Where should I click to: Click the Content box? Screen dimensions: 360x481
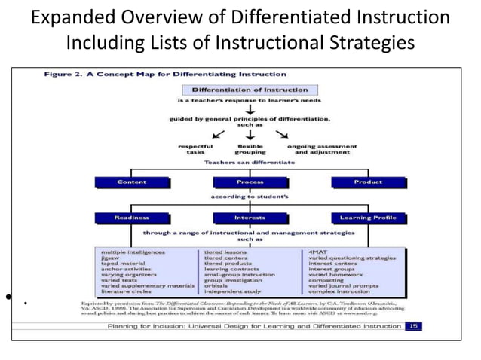pyautogui.click(x=133, y=182)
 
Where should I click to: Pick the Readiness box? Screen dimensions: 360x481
pyautogui.click(x=133, y=218)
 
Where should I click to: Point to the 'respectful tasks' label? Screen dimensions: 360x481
pyautogui.click(x=195, y=148)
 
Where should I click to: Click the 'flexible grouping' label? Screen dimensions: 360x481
pyautogui.click(x=249, y=148)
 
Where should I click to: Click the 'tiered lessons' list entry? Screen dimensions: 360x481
pyautogui.click(x=226, y=252)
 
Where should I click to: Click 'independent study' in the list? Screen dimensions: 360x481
pyautogui.click(x=232, y=292)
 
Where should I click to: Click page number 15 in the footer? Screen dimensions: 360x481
pyautogui.click(x=413, y=326)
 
